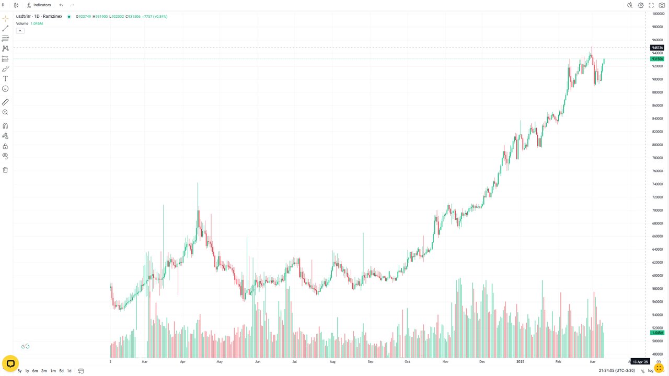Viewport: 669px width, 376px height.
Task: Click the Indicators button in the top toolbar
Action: [x=39, y=5]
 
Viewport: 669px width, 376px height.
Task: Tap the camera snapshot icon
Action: [x=662, y=5]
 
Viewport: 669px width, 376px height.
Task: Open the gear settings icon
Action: [x=641, y=5]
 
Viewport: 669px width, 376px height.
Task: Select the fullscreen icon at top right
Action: [x=651, y=5]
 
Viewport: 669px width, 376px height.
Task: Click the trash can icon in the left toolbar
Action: [x=5, y=170]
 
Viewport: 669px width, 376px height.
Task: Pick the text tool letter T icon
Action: [x=5, y=79]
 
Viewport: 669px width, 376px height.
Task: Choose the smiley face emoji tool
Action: [x=5, y=89]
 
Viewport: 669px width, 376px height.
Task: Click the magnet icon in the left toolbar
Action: [x=5, y=126]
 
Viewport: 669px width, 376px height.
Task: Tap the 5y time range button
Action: [x=19, y=371]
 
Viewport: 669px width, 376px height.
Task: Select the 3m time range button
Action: [x=44, y=371]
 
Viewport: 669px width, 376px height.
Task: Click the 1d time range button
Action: [x=69, y=371]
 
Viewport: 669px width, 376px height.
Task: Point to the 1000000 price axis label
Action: [x=658, y=14]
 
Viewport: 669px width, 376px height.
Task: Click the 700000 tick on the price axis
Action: [x=658, y=210]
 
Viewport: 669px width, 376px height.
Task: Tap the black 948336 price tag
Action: [x=658, y=48]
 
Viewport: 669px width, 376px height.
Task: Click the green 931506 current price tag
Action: [x=658, y=59]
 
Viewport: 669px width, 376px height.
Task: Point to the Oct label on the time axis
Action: [x=407, y=361]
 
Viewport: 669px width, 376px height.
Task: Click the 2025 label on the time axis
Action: [x=520, y=361]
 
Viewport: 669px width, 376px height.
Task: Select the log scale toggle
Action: [x=651, y=371]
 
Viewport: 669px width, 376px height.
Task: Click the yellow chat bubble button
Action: [x=10, y=363]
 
